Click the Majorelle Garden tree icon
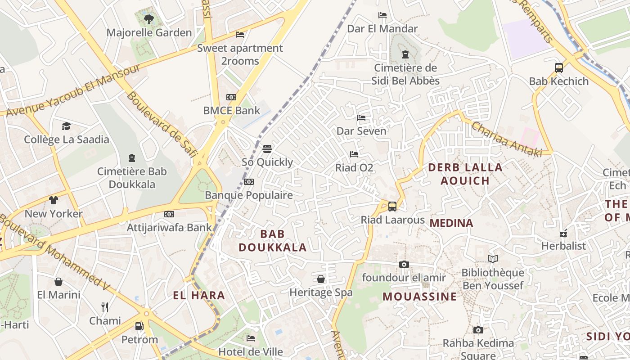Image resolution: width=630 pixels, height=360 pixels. pyautogui.click(x=149, y=19)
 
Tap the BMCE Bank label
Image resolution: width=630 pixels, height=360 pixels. pyautogui.click(x=232, y=110)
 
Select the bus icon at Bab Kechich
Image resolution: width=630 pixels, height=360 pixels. pyautogui.click(x=559, y=68)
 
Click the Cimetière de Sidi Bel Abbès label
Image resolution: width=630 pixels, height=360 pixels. pyautogui.click(x=405, y=75)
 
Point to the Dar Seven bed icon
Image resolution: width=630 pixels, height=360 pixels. pyautogui.click(x=361, y=118)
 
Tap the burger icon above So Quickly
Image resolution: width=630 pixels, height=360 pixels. pyautogui.click(x=267, y=148)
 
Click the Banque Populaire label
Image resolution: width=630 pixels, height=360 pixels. pyautogui.click(x=249, y=195)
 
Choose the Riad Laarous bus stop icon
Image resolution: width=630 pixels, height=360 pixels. pyautogui.click(x=392, y=207)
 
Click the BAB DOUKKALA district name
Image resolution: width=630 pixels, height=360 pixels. pyautogui.click(x=273, y=241)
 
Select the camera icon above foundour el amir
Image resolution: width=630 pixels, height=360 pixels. pyautogui.click(x=404, y=264)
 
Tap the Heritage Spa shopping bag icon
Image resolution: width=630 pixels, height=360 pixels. pyautogui.click(x=321, y=279)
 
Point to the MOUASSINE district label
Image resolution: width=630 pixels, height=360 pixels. pyautogui.click(x=420, y=297)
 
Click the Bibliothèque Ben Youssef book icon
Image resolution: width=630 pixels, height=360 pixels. pyautogui.click(x=493, y=259)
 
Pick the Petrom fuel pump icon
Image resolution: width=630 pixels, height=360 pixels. pyautogui.click(x=139, y=326)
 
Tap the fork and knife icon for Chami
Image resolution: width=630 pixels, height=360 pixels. pyautogui.click(x=105, y=307)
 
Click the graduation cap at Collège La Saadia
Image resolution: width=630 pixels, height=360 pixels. pyautogui.click(x=67, y=126)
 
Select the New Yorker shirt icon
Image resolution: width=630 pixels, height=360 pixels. pyautogui.click(x=54, y=200)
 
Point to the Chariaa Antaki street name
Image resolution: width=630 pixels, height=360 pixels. pyautogui.click(x=507, y=139)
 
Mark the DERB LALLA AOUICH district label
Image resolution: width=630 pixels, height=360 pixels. pyautogui.click(x=465, y=174)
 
